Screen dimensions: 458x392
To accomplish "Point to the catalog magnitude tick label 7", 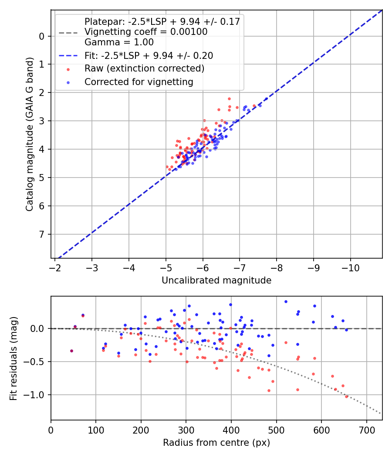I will [x=42, y=234].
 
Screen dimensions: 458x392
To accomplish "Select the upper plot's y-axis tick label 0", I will [x=42, y=36].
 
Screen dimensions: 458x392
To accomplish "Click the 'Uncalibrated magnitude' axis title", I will [x=216, y=280].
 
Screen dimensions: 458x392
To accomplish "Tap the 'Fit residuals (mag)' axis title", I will [x=14, y=358].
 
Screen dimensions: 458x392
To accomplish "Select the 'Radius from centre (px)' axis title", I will [x=216, y=443].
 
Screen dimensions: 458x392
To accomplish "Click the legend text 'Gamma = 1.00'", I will [x=119, y=42].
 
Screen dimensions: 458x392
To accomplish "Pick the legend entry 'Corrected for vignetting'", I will [x=139, y=82].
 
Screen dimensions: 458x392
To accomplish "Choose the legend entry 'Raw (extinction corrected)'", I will [x=144, y=68].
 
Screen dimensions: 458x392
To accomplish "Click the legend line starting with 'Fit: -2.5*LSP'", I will [x=149, y=56].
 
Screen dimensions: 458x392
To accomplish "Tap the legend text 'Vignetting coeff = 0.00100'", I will [x=146, y=32].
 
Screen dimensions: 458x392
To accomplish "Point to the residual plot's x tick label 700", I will [x=366, y=430].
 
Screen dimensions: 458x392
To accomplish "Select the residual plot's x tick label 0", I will [x=51, y=430].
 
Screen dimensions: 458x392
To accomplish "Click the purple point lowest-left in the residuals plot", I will [x=71, y=351].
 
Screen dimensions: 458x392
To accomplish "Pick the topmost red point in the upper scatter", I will [x=229, y=99].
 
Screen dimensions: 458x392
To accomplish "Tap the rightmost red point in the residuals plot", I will [x=347, y=396].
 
